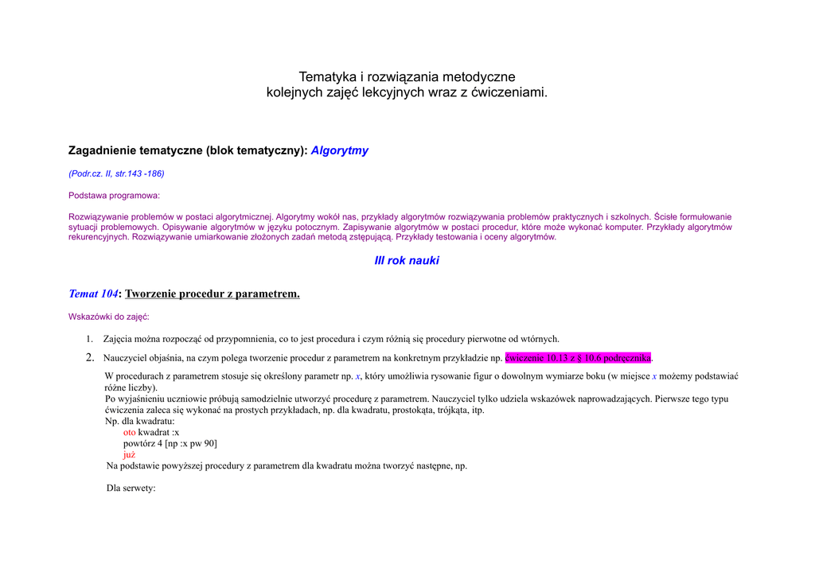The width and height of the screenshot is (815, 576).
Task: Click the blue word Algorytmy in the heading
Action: [339, 150]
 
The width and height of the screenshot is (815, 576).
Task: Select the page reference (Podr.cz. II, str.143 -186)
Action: [116, 173]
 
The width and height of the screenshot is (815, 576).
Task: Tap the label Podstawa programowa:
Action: [114, 195]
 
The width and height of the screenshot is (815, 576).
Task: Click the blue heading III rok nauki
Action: [407, 261]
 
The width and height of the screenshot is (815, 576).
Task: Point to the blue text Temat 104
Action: [92, 294]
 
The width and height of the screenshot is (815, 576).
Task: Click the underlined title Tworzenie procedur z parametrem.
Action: [213, 294]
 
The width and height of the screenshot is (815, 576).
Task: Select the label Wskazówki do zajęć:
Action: [108, 317]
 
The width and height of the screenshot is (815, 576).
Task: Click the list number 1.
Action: [90, 339]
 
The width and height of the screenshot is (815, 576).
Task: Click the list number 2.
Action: [90, 357]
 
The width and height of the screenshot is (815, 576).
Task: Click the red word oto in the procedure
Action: [129, 432]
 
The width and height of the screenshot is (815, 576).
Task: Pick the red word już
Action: [129, 454]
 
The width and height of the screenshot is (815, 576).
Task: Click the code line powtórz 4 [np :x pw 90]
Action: [170, 443]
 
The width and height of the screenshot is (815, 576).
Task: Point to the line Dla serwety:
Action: [131, 488]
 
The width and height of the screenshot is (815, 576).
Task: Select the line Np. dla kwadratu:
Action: [140, 421]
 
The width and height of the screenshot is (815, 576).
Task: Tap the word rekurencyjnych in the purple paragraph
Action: [99, 237]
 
